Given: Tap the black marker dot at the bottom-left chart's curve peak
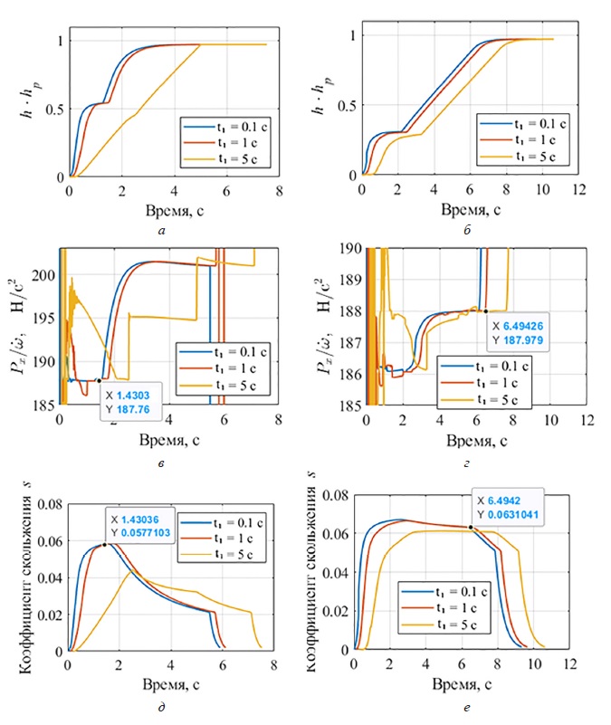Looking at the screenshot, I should click(x=104, y=544).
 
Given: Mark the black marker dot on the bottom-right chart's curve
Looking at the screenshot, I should click(x=471, y=527).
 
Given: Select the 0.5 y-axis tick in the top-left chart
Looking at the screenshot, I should click(x=51, y=109).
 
